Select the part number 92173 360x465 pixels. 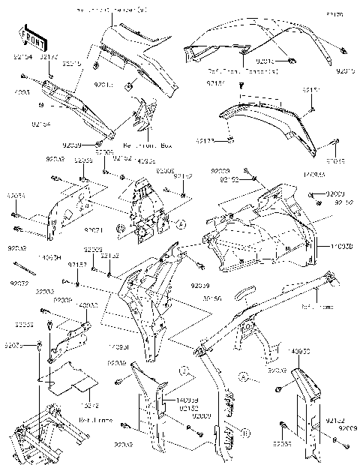pos(185,140)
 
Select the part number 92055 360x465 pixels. pos(25,325)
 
